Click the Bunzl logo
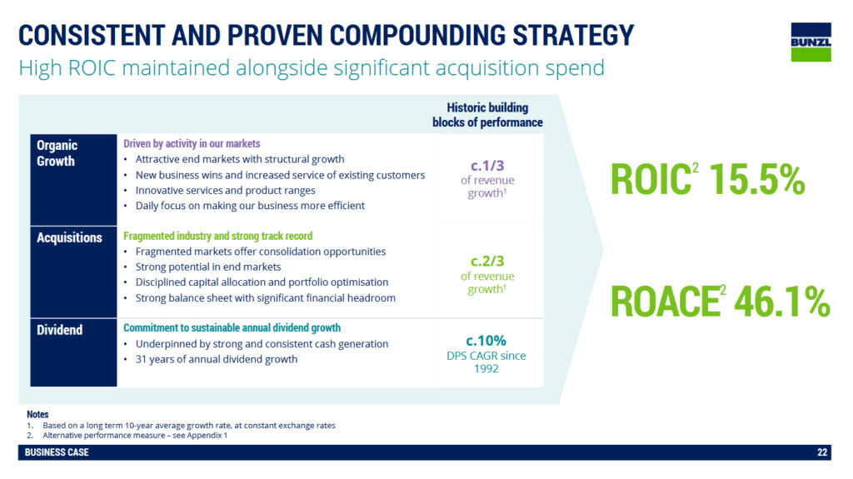coord(811,42)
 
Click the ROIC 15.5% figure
coord(708,179)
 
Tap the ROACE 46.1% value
coord(721,301)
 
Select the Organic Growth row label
coord(57,153)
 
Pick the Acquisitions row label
coord(69,237)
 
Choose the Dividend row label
coord(59,330)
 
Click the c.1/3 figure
coord(487,166)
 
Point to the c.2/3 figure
coord(487,262)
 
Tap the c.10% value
coord(486,341)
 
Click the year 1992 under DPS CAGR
coord(486,368)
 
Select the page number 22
coord(822,452)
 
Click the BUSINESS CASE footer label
coord(57,452)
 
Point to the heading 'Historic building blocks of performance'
coord(487,115)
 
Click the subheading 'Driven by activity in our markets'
coord(192,143)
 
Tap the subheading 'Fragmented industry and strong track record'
coord(218,236)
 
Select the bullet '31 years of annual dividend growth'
coord(217,359)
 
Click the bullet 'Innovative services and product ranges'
coord(225,191)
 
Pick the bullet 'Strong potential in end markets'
coord(208,267)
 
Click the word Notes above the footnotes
coord(37,414)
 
